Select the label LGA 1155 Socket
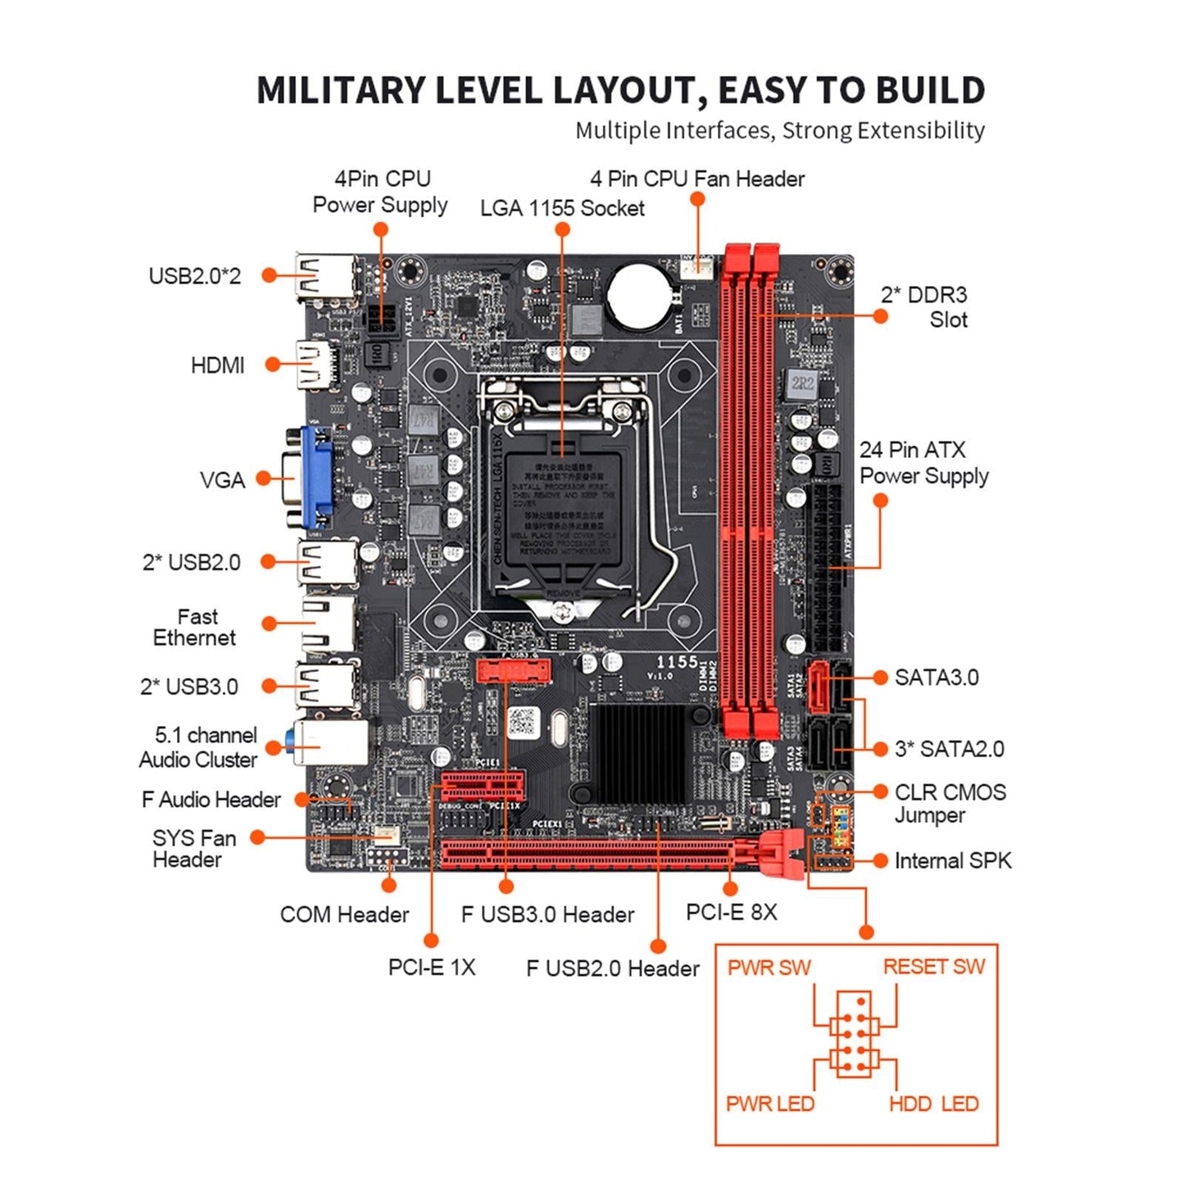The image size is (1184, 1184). coord(562,208)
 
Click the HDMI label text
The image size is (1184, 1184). coord(217,365)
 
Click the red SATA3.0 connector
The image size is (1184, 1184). coord(819,687)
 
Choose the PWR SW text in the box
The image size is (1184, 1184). coord(769,967)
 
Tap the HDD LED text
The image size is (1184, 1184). coord(933,1104)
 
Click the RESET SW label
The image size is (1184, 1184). coord(933,967)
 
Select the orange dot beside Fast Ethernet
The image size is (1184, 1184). coord(269,624)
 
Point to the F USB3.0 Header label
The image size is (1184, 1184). coord(547,914)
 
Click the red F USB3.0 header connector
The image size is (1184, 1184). coord(513,672)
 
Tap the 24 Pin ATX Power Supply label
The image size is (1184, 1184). coord(923,463)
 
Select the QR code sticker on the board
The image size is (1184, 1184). coord(522,722)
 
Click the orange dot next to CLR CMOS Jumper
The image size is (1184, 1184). coord(880,792)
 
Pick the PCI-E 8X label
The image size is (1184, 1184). coord(731,912)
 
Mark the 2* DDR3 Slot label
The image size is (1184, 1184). coord(924,307)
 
